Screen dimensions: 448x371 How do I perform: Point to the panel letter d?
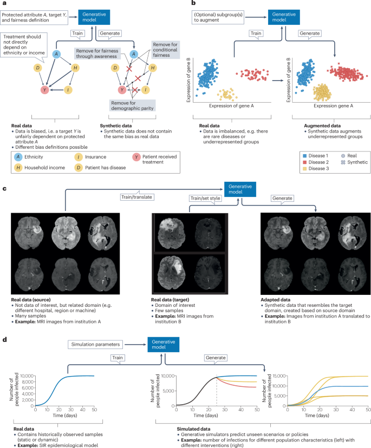(x=5, y=340)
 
